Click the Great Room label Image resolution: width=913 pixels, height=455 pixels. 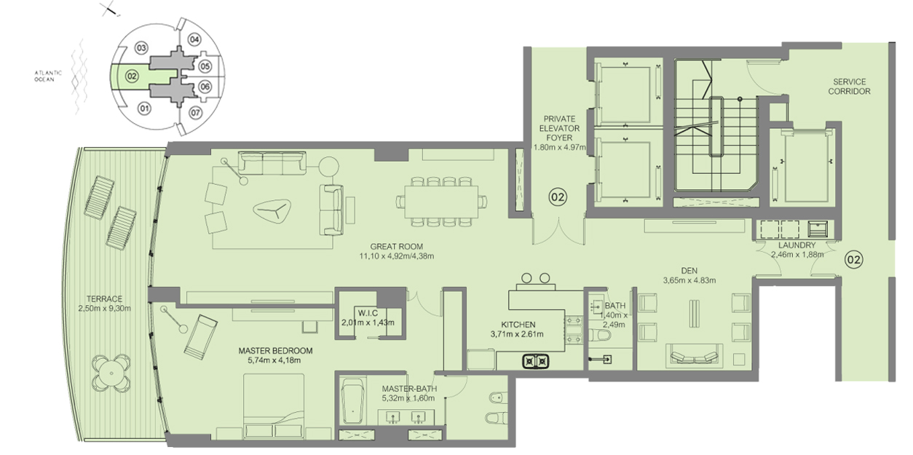pos(396,247)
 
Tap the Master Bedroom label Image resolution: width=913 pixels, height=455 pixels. pos(275,351)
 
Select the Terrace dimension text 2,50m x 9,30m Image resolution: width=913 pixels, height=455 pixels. pos(104,308)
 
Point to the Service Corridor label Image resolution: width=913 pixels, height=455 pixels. pos(849,87)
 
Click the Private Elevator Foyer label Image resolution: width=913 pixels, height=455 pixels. pos(559,128)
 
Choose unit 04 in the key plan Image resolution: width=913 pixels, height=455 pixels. pos(194,39)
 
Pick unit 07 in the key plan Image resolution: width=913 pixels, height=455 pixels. pos(195,113)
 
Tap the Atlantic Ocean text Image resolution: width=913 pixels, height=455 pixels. pos(48,76)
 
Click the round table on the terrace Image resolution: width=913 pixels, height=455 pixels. pos(111,373)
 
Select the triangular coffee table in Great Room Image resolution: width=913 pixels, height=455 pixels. pos(272,212)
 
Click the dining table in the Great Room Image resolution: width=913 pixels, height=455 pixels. pos(441,202)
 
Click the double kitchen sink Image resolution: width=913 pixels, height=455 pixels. pos(536,361)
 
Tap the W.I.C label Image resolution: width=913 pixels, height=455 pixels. pos(368,313)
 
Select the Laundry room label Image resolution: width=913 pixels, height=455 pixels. pos(797,245)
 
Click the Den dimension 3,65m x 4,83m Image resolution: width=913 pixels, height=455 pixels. pos(689,280)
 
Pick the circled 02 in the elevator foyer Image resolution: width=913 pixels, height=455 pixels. pos(558,197)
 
